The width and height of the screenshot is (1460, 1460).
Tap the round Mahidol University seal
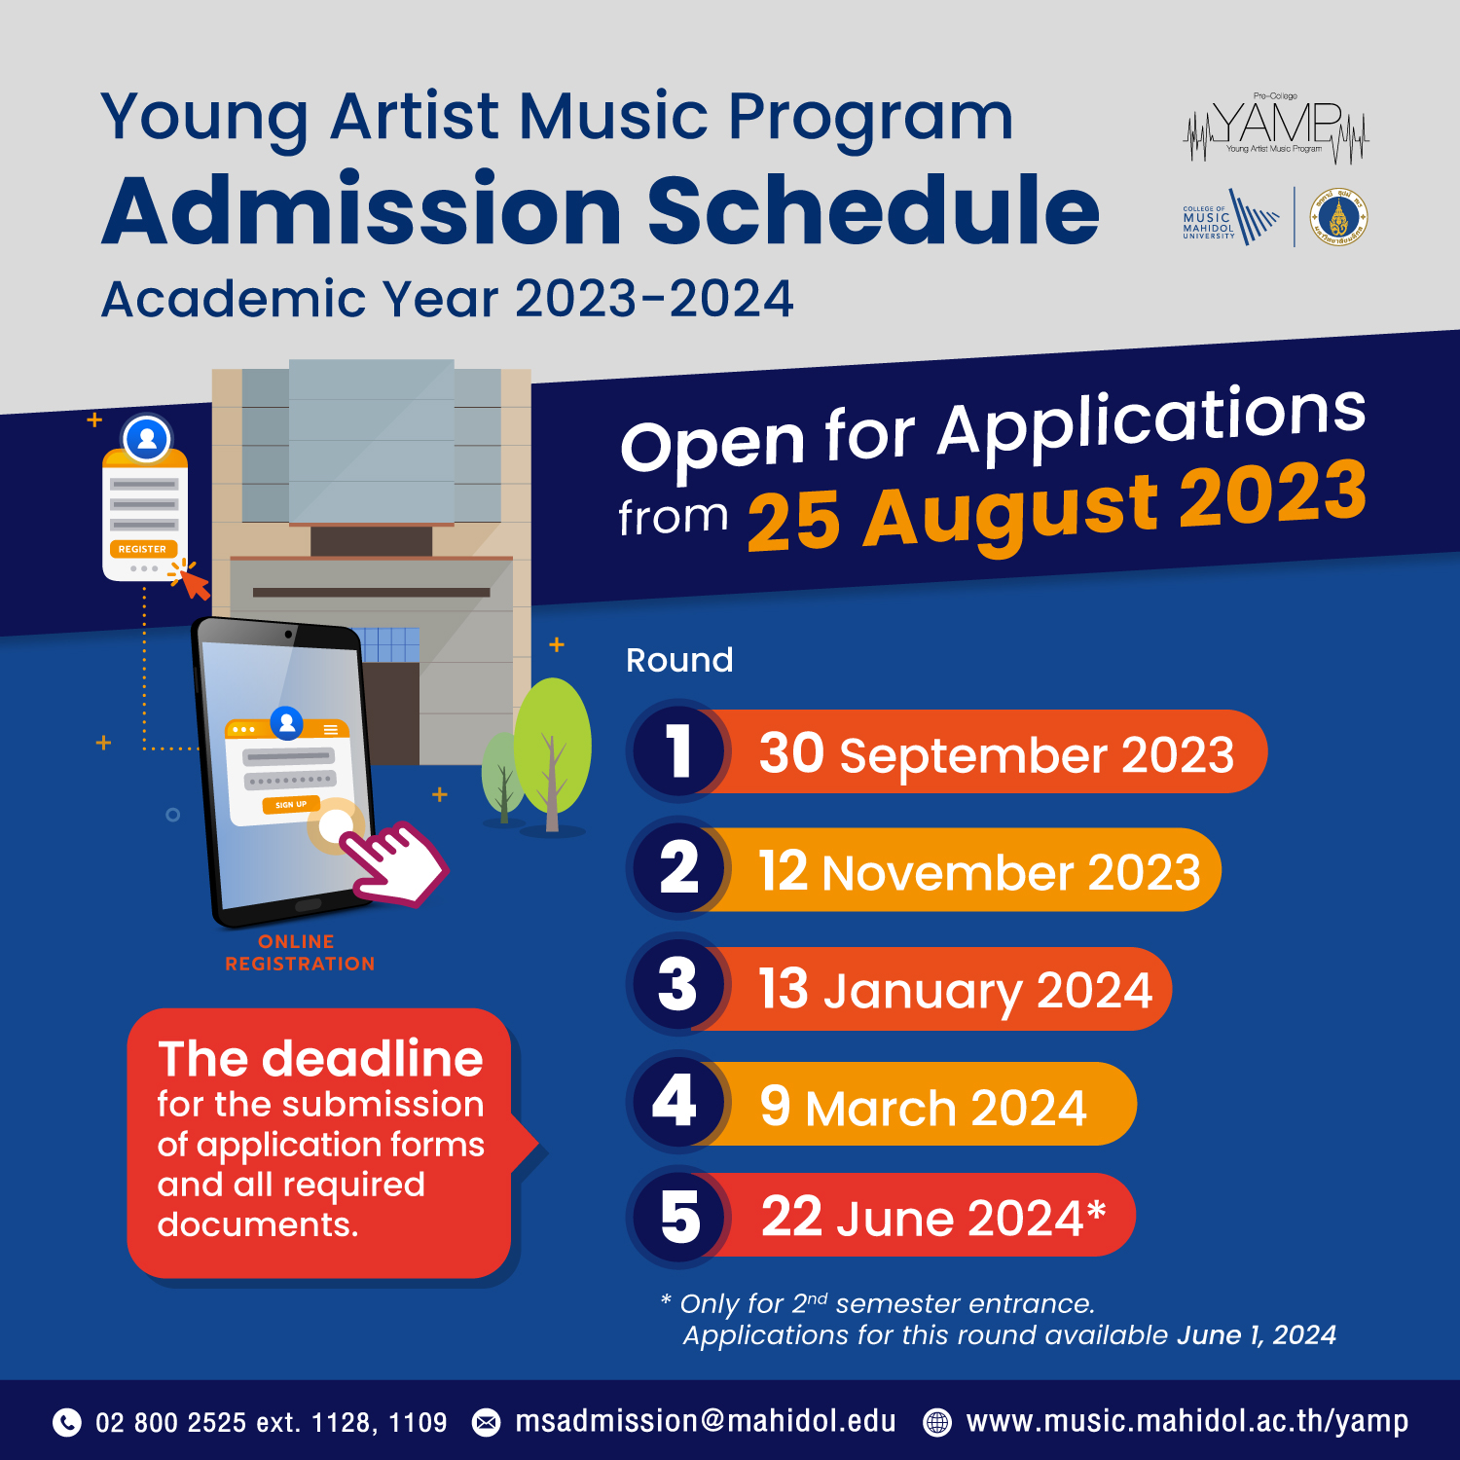tap(1338, 217)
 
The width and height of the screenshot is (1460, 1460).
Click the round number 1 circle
tap(678, 751)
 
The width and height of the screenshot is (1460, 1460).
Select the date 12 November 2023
tap(979, 871)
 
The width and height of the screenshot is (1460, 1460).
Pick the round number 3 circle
tap(678, 984)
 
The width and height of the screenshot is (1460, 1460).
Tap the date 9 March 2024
tap(923, 1107)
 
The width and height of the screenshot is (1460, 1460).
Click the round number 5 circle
tap(678, 1216)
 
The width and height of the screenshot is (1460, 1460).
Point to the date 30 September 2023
tap(996, 753)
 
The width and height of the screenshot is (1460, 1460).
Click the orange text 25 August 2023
tap(1057, 506)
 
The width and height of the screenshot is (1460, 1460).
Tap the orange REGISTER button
tap(143, 549)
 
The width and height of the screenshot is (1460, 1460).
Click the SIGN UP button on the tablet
tap(290, 805)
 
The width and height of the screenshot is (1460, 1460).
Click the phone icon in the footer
tap(66, 1422)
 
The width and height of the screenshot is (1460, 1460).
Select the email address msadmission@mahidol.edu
tap(706, 1421)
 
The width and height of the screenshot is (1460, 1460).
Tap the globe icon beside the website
tap(936, 1422)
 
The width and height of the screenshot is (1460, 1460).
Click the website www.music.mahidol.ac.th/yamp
tap(1187, 1422)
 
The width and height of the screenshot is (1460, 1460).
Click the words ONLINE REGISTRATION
tap(300, 953)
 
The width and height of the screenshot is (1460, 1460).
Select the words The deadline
tap(320, 1058)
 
